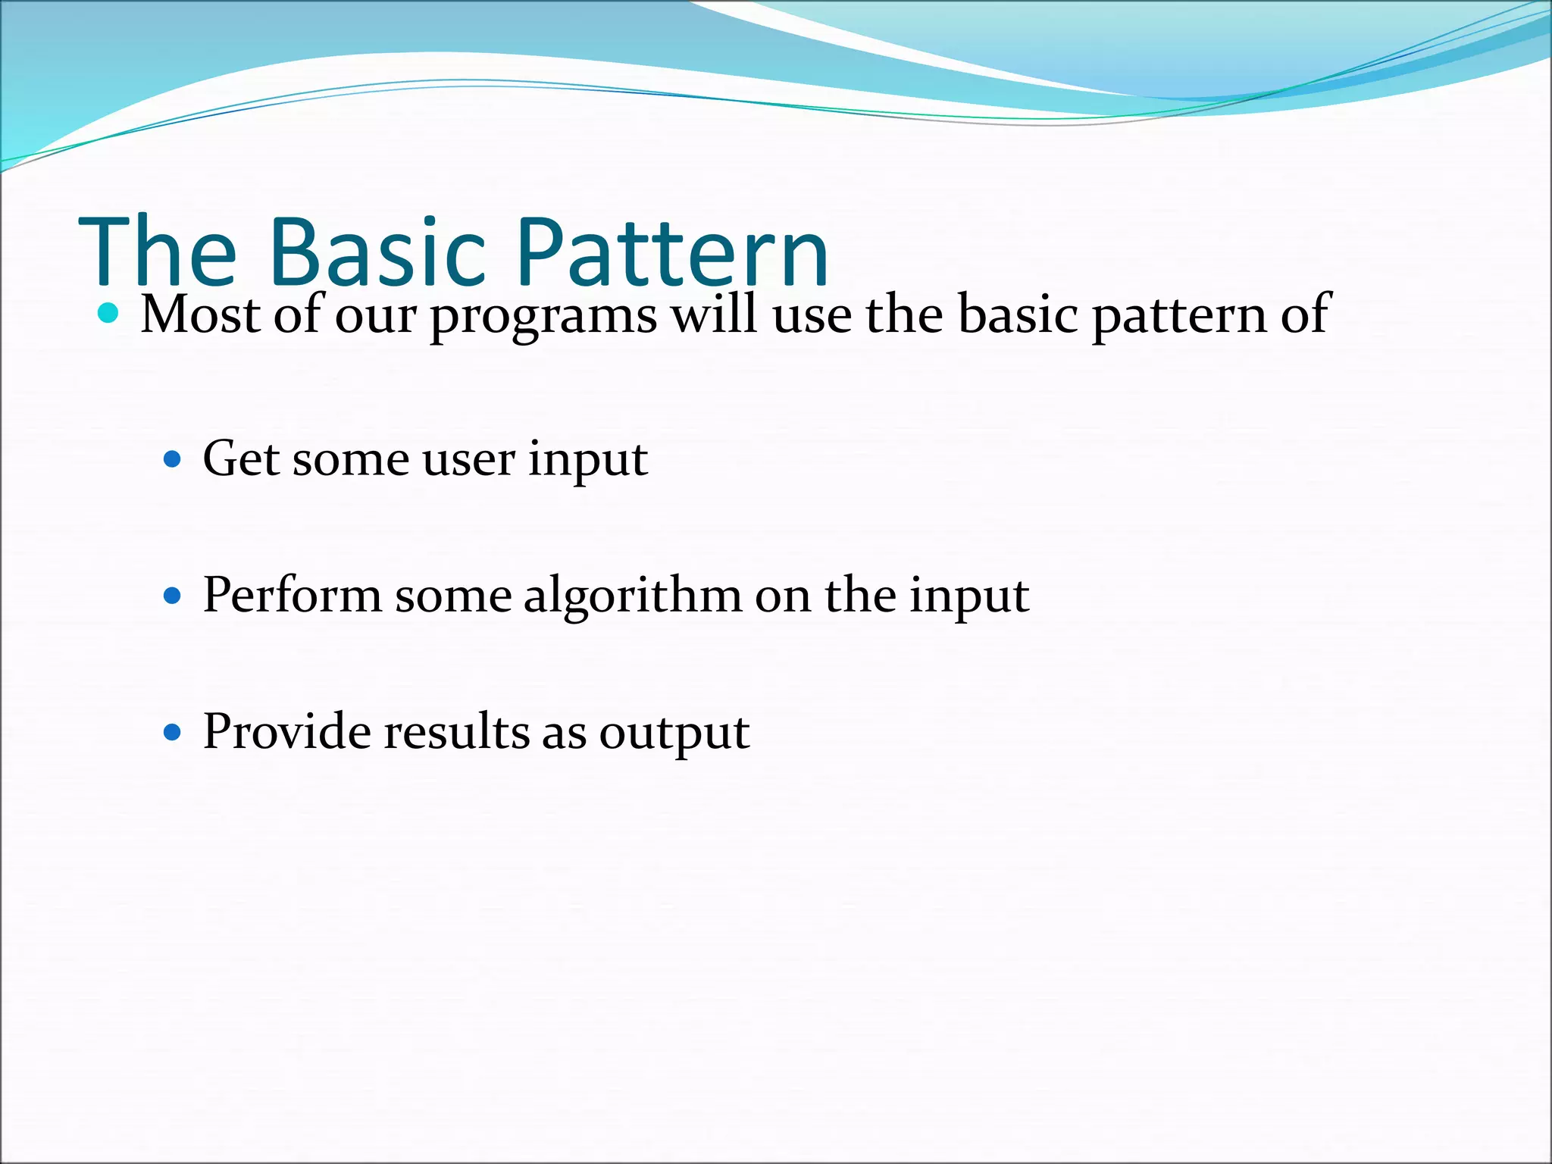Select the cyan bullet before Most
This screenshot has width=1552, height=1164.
pyautogui.click(x=109, y=313)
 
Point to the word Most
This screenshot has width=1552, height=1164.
pyautogui.click(x=201, y=313)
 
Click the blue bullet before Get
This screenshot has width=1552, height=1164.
pyautogui.click(x=173, y=459)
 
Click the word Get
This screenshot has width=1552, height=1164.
pyautogui.click(x=242, y=459)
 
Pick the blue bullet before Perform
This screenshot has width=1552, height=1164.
pyautogui.click(x=173, y=596)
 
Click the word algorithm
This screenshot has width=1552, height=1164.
pyautogui.click(x=633, y=597)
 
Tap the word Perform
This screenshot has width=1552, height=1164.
pyautogui.click(x=292, y=595)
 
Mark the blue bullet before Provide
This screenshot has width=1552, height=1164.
pyautogui.click(x=173, y=732)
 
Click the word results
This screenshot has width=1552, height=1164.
pyautogui.click(x=456, y=732)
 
